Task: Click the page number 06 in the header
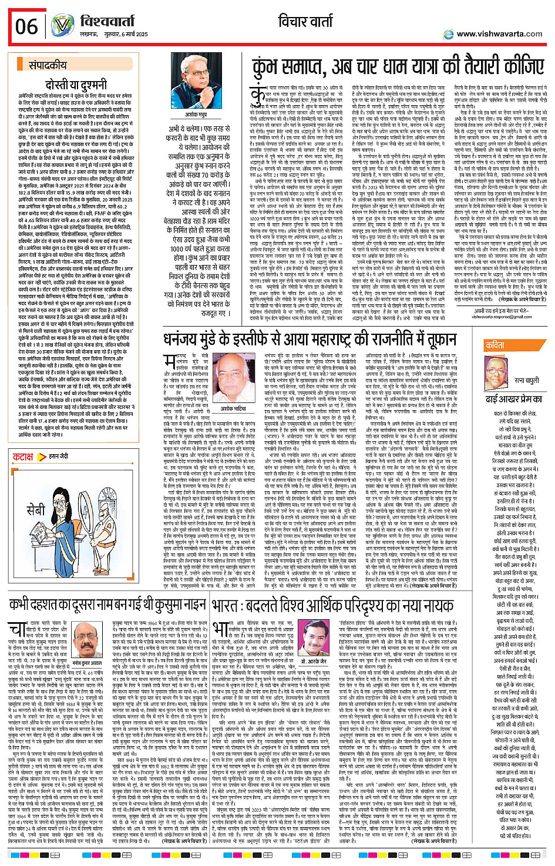[26, 26]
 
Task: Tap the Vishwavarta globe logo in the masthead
[62, 25]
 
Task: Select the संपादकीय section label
[48, 65]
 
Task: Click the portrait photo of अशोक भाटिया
[233, 382]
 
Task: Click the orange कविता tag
[494, 345]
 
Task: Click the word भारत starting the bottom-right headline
[227, 605]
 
